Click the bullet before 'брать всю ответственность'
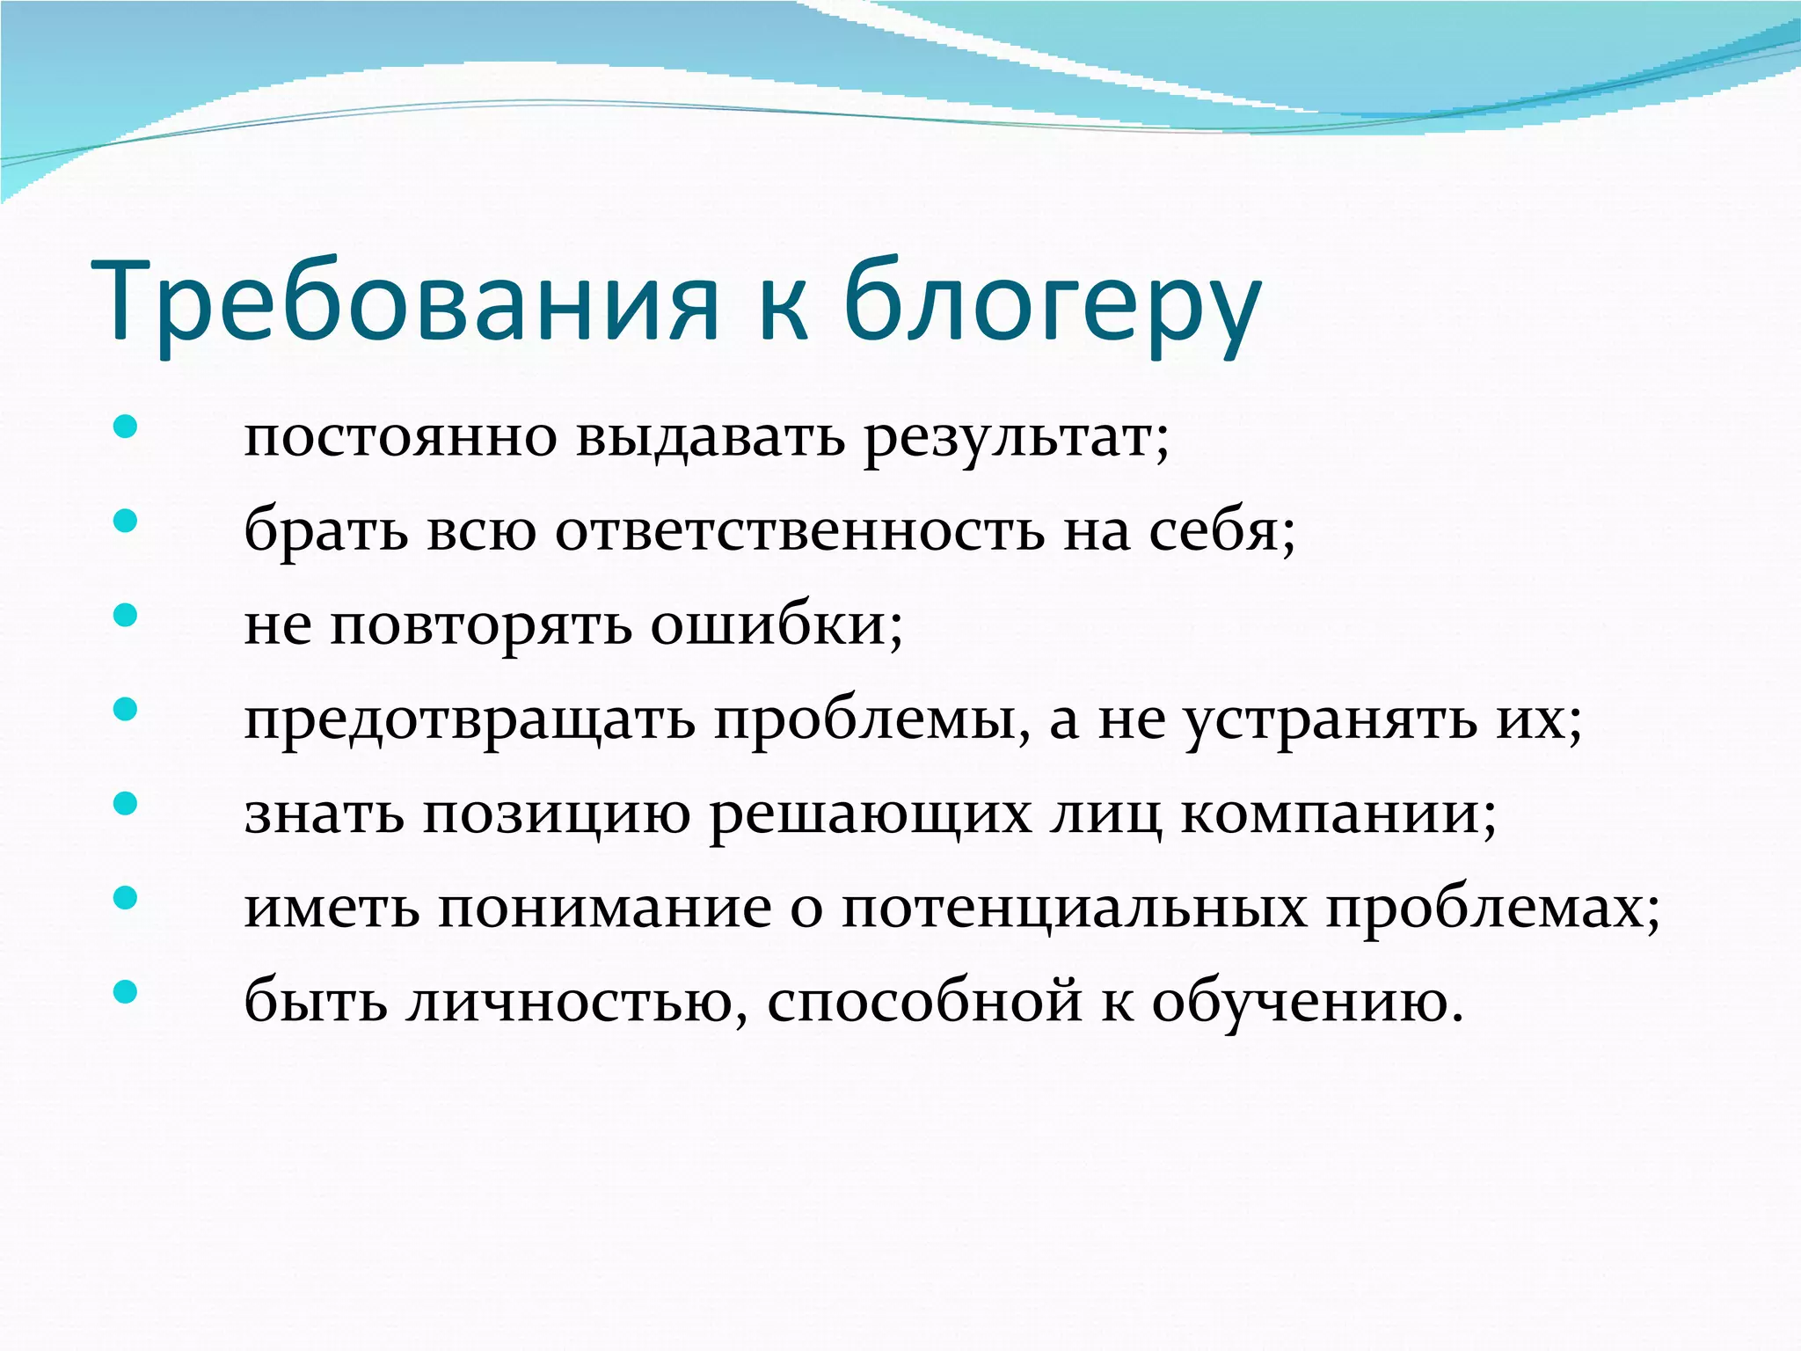point(126,522)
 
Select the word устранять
point(1329,720)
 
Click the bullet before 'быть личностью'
point(126,992)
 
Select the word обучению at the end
point(1307,1002)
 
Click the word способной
point(924,1002)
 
